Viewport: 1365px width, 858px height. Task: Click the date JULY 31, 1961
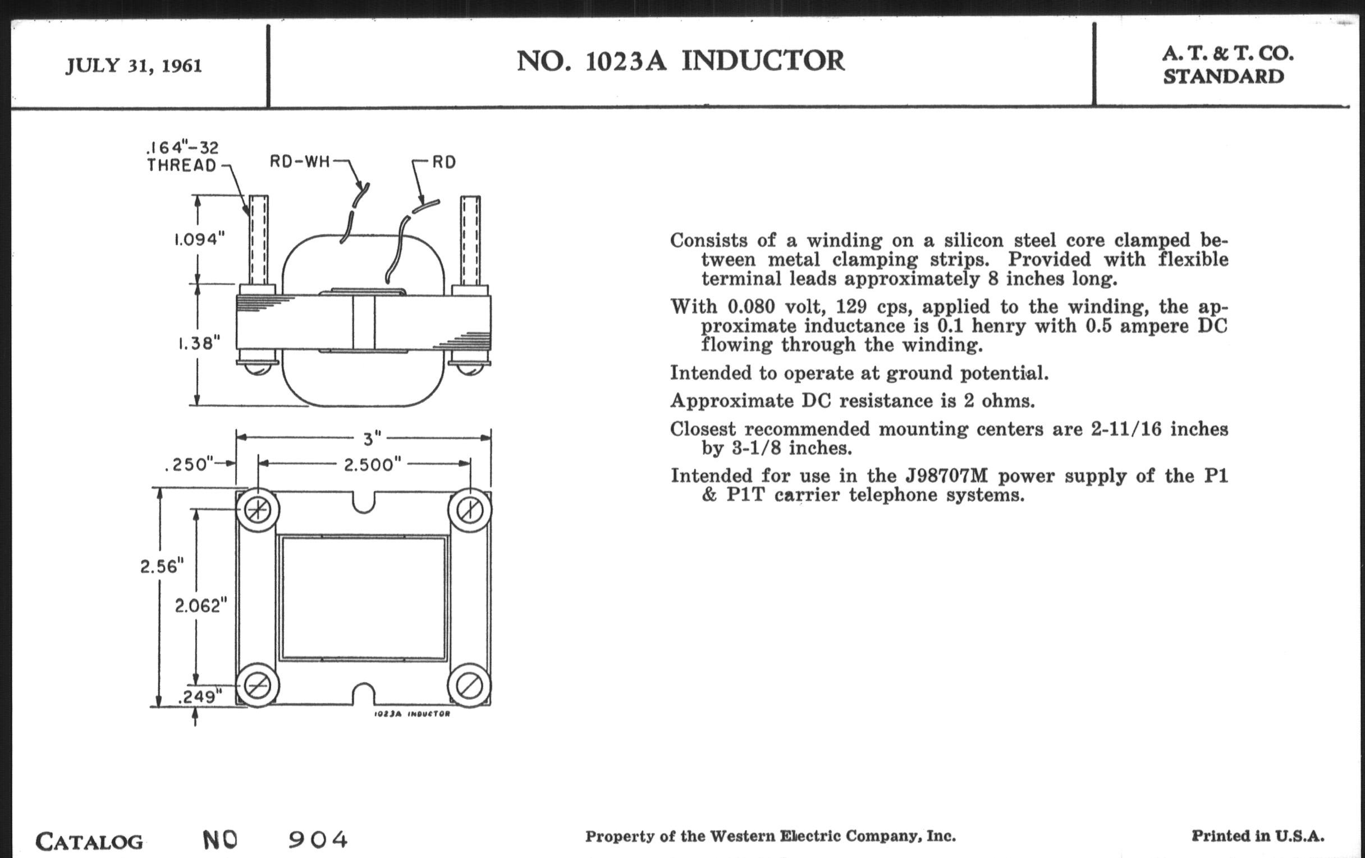[134, 66]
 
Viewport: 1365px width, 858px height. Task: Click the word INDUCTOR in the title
[762, 61]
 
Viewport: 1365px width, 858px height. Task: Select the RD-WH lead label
[299, 162]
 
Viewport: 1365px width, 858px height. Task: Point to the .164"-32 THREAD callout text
[182, 156]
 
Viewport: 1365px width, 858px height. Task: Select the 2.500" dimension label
[373, 465]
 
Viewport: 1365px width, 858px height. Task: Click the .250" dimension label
[189, 465]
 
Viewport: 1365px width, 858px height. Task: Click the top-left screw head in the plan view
[258, 510]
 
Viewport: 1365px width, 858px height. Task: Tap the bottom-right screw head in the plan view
[469, 686]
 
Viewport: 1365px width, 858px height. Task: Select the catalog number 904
[318, 839]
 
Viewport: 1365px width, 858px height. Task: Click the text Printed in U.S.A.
[1257, 836]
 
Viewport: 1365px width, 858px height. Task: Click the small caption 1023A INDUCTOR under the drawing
[412, 714]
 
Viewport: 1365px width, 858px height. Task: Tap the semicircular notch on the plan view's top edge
[363, 502]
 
